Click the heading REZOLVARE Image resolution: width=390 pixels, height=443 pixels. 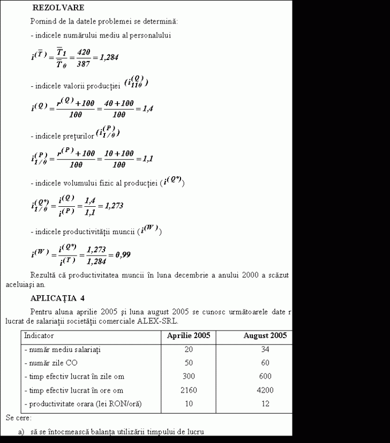[x=58, y=8]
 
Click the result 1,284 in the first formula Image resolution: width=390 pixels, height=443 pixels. [x=106, y=57]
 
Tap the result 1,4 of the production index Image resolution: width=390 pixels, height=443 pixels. [x=145, y=108]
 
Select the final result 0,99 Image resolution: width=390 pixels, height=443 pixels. [x=123, y=254]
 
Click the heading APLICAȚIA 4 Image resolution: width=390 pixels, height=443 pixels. [x=57, y=298]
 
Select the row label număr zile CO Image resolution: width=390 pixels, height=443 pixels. [x=51, y=363]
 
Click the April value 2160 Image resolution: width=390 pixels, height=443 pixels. [x=188, y=390]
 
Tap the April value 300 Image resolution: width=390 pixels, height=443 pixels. [x=188, y=377]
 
